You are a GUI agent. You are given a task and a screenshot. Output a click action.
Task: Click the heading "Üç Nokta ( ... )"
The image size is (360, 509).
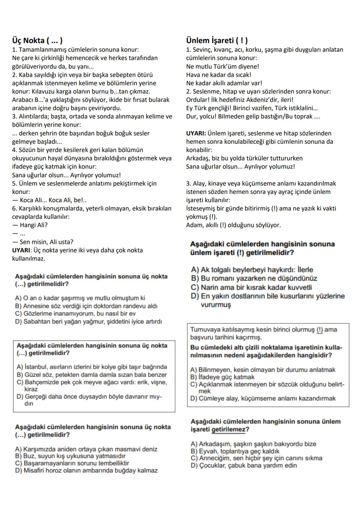[x=37, y=41]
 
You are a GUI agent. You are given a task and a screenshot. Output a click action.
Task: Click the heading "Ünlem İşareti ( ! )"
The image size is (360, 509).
[x=217, y=41]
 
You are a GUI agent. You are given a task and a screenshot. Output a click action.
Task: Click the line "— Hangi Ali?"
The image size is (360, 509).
[x=30, y=225]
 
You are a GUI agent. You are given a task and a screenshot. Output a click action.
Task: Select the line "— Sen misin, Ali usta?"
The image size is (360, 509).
[x=43, y=242]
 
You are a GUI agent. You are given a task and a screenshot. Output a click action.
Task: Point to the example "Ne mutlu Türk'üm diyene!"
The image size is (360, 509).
[x=222, y=66]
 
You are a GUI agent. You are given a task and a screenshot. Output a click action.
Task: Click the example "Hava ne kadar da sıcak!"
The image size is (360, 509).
[x=219, y=75]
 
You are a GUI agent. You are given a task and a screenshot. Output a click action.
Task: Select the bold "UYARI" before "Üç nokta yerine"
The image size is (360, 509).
[x=22, y=250]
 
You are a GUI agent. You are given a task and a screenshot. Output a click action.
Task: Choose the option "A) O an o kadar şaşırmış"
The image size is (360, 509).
[x=80, y=298]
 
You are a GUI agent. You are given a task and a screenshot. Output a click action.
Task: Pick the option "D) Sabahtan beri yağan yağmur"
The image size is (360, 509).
[x=88, y=322]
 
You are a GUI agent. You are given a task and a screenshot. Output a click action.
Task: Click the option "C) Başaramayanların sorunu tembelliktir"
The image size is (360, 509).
[x=72, y=463]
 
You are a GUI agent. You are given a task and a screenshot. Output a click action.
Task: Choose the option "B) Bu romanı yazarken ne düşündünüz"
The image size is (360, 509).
[x=254, y=279]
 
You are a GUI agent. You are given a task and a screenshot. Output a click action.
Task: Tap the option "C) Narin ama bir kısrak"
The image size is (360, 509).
[x=251, y=287]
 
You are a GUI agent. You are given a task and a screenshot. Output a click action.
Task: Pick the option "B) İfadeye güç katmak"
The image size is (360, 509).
[x=222, y=377]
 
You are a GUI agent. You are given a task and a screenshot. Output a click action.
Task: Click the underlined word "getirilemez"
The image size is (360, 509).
[x=228, y=429]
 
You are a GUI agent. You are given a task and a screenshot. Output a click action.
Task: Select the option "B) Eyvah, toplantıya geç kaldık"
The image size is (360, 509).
[x=235, y=451]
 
